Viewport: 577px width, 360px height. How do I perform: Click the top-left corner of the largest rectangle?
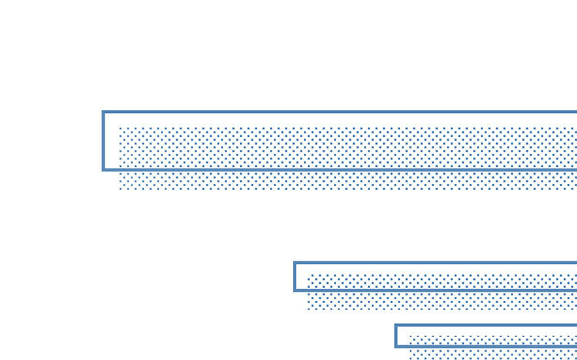[x=103, y=112]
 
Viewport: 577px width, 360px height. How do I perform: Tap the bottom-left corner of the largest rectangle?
[x=103, y=169]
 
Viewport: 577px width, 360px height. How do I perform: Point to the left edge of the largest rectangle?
[x=103, y=141]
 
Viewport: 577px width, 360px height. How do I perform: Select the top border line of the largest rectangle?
[x=339, y=112]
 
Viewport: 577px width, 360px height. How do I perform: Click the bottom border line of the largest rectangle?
[x=339, y=169]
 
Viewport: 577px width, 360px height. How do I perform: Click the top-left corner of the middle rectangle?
[x=295, y=263]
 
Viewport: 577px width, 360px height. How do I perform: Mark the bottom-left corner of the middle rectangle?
[x=295, y=291]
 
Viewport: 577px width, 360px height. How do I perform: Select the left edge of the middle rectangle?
[x=295, y=277]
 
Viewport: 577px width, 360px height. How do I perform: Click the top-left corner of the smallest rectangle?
[x=396, y=325]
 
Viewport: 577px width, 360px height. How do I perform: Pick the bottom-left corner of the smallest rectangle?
[x=396, y=346]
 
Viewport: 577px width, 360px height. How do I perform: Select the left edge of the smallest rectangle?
[x=396, y=336]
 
